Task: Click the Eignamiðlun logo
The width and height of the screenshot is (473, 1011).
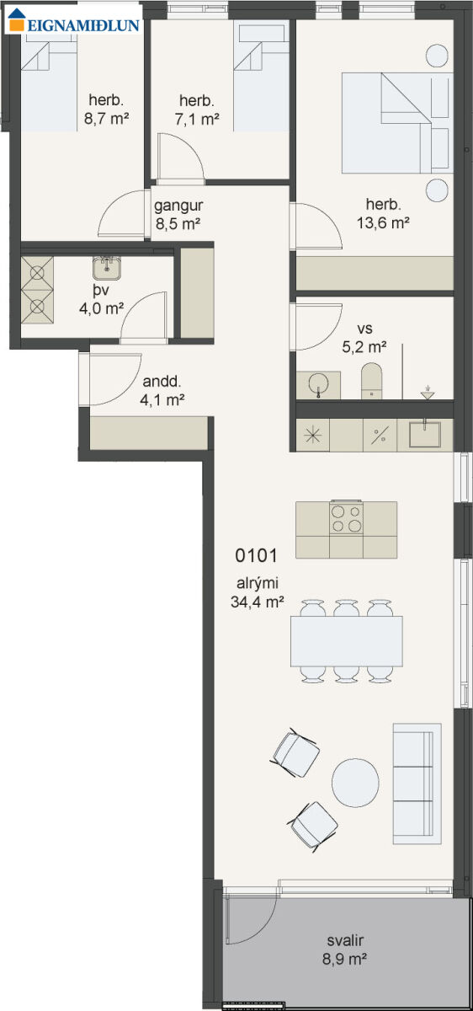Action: point(73,20)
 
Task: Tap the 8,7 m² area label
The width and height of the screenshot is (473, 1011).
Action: point(106,119)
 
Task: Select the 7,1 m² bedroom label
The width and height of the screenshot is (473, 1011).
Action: point(197,120)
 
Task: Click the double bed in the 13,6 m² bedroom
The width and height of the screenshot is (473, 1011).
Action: point(396,123)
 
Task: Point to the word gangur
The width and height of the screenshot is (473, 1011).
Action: point(178,206)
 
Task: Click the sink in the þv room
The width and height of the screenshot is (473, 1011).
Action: point(107,268)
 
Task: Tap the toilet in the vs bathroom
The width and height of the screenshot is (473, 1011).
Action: point(371,381)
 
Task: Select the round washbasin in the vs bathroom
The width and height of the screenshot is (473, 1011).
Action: point(319,384)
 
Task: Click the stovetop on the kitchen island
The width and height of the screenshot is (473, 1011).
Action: point(346,519)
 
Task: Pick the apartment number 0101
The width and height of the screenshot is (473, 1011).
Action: point(256,555)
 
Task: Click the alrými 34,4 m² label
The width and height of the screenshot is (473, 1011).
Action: point(257,592)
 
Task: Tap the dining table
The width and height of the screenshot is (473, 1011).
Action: point(346,641)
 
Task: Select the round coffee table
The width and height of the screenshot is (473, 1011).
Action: point(355,783)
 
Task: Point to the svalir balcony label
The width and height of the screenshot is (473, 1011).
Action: point(344,949)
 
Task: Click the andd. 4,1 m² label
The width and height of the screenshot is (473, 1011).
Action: point(162,390)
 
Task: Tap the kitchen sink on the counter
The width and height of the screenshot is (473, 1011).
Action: point(425,434)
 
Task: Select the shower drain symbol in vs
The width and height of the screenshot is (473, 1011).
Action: point(428,393)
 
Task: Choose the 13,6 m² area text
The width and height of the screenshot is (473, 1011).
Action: point(383,222)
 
